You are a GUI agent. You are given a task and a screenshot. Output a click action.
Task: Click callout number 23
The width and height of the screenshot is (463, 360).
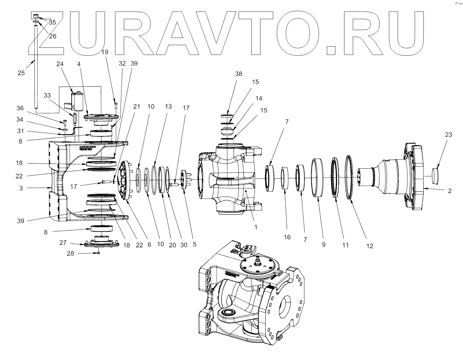tap(448, 135)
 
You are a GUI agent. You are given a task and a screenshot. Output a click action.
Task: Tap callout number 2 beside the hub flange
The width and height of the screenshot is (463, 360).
tap(450, 191)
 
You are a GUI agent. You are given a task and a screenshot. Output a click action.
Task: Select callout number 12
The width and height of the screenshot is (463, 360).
tap(369, 246)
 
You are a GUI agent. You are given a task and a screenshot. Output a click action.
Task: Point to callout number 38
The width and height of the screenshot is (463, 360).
tap(238, 74)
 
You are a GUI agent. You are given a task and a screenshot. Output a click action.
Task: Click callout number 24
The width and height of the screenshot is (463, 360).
tap(60, 64)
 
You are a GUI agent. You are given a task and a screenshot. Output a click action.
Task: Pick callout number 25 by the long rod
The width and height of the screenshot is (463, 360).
tap(21, 73)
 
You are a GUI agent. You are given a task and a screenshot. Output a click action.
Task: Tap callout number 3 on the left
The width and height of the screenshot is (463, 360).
tap(21, 188)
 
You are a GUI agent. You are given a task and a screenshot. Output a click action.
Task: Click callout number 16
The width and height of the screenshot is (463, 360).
tap(287, 237)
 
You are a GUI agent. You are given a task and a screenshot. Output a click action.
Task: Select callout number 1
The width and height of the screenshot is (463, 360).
tap(256, 227)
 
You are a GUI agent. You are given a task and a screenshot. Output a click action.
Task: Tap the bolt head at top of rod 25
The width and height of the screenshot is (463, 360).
tap(36, 16)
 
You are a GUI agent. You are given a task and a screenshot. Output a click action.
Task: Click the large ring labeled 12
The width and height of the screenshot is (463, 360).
tap(348, 177)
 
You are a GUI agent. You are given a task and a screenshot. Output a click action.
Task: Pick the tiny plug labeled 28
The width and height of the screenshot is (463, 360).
tap(99, 253)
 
